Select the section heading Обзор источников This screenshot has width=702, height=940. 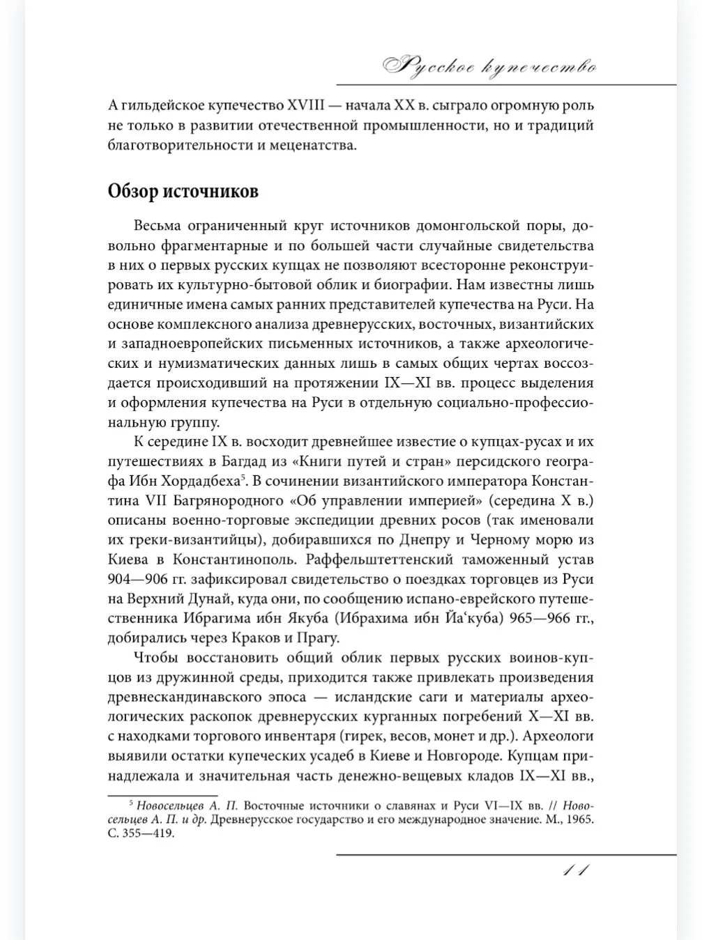pos(183,192)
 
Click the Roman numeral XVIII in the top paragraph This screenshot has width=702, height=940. pos(307,106)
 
